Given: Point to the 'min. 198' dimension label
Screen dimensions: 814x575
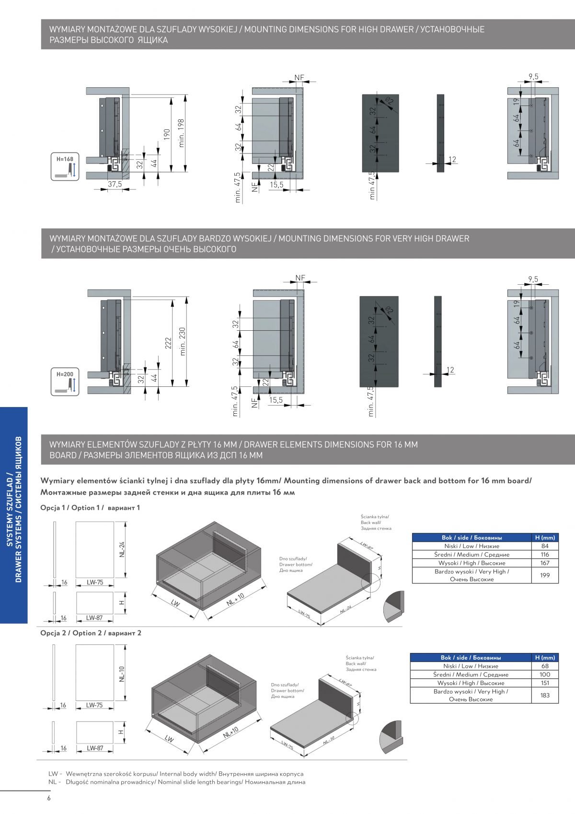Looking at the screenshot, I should coord(182,133).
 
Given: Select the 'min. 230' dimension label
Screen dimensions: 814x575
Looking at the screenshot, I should coord(183,342).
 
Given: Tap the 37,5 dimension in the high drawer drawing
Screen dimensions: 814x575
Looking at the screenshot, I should coord(115,184).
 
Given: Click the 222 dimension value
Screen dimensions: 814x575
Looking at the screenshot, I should coord(169,343).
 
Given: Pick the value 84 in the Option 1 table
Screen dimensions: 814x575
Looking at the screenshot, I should coord(545,546).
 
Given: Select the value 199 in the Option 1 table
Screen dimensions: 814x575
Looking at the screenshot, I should coord(545,575).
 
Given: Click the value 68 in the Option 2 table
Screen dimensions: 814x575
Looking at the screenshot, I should coord(544,666).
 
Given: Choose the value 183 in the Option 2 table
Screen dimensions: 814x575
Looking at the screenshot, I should coord(544,695).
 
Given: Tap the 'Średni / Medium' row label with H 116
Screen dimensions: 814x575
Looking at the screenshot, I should coord(471,555).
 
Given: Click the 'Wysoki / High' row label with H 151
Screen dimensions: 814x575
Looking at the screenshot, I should coord(471,683).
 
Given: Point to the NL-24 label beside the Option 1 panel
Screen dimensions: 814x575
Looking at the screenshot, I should coord(122,549).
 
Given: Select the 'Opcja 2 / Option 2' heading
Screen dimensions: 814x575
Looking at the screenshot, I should coord(91,633).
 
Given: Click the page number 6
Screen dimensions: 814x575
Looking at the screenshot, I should coord(48,798).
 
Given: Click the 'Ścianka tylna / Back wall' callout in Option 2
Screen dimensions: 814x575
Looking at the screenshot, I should coord(360,664).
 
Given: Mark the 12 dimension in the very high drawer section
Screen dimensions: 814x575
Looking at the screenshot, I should coord(449,370).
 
